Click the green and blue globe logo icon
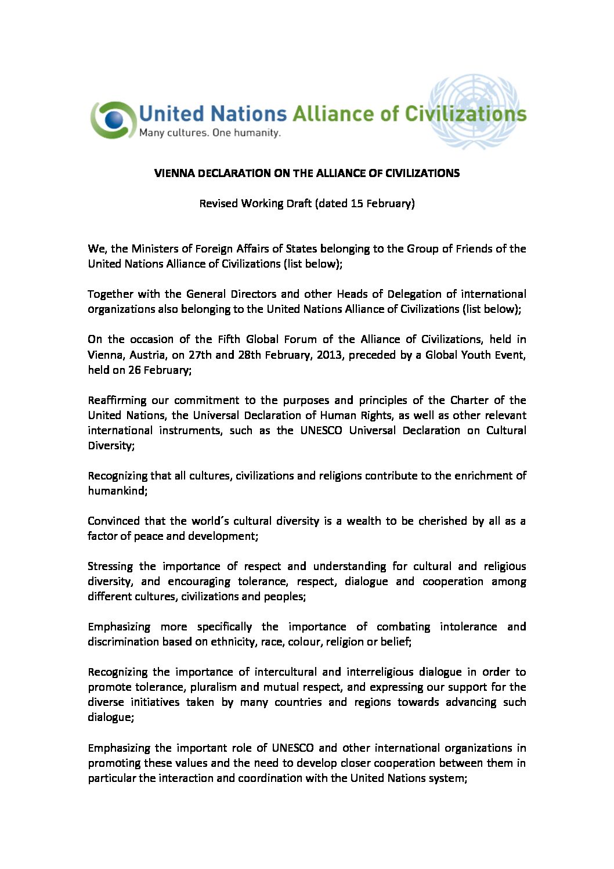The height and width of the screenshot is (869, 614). [x=113, y=120]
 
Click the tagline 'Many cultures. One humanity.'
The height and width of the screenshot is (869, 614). [x=210, y=133]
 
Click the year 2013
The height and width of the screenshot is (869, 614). [x=328, y=354]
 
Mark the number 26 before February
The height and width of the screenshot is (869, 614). [x=134, y=369]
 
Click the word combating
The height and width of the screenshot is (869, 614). [x=403, y=626]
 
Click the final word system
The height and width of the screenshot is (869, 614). [x=447, y=778]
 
